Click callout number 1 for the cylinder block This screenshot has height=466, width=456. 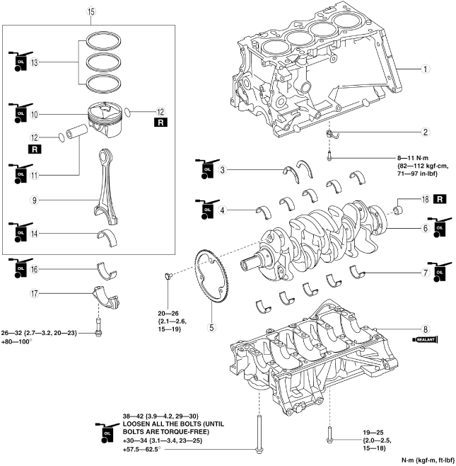[x=425, y=69]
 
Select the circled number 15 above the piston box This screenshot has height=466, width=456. [x=90, y=12]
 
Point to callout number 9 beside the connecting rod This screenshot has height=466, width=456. [x=33, y=200]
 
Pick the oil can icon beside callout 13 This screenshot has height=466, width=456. [x=17, y=62]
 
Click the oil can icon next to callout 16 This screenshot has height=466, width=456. [x=17, y=269]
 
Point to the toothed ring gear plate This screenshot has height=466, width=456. [x=215, y=274]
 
